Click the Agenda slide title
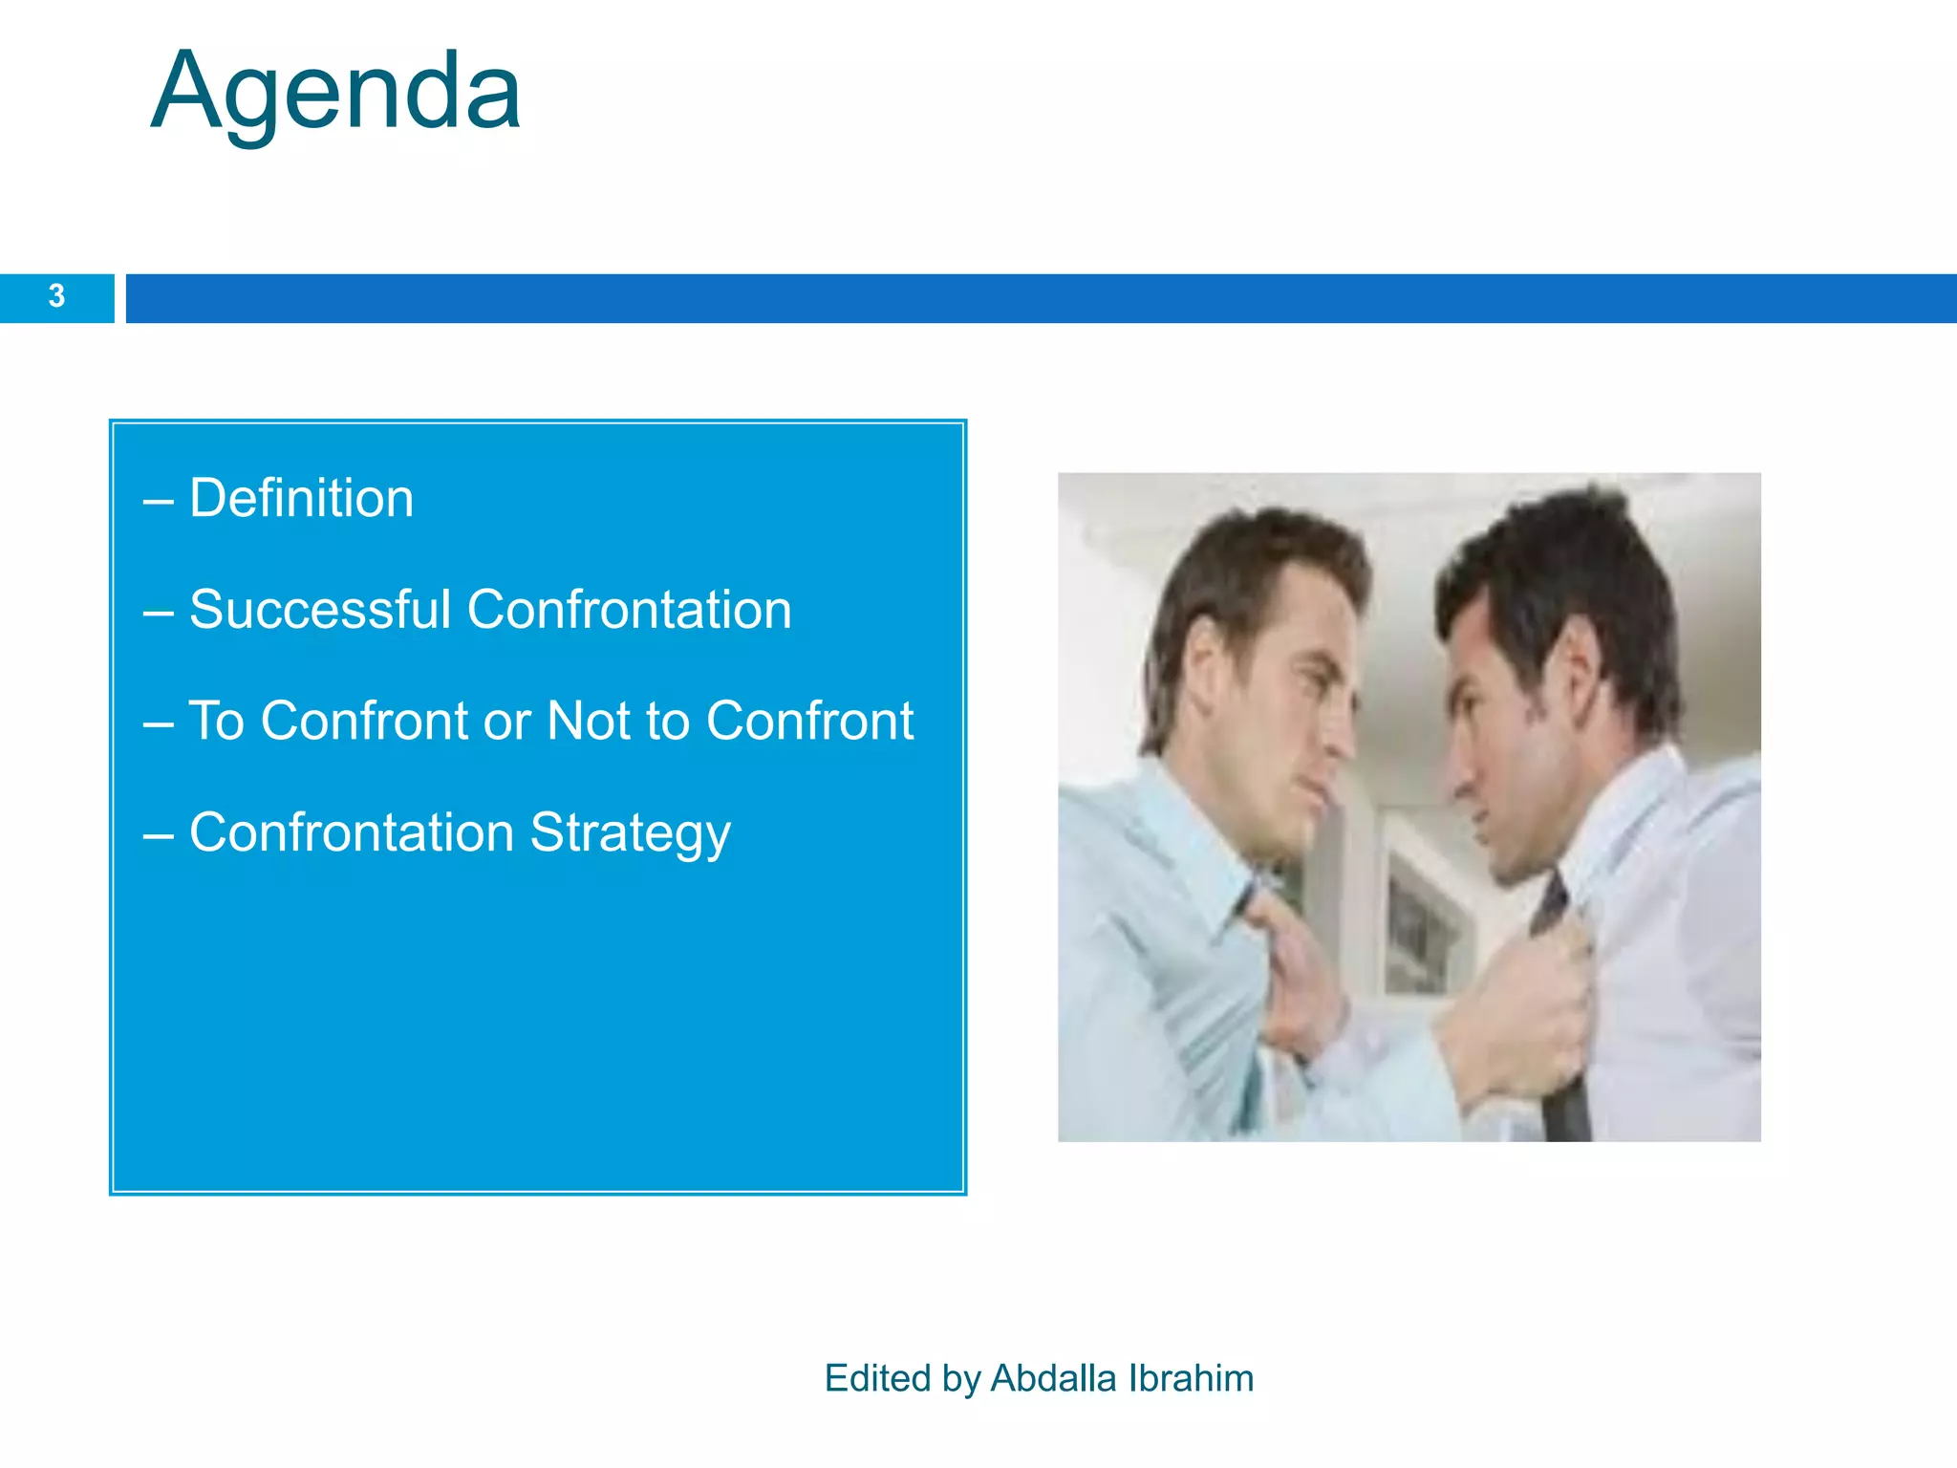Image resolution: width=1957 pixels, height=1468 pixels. tap(336, 94)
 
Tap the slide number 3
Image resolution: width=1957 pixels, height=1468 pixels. tap(56, 296)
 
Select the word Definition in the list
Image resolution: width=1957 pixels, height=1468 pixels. tap(301, 499)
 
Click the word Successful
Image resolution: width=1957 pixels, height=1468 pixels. tap(319, 610)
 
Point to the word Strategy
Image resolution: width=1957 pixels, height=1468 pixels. tap(630, 833)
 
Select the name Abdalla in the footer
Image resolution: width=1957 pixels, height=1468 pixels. tap(1053, 1378)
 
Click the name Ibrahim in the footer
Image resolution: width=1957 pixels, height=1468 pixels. tap(1191, 1378)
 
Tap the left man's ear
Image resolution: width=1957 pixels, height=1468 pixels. tap(1206, 669)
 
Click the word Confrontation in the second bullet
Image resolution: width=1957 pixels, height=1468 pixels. tap(629, 610)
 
